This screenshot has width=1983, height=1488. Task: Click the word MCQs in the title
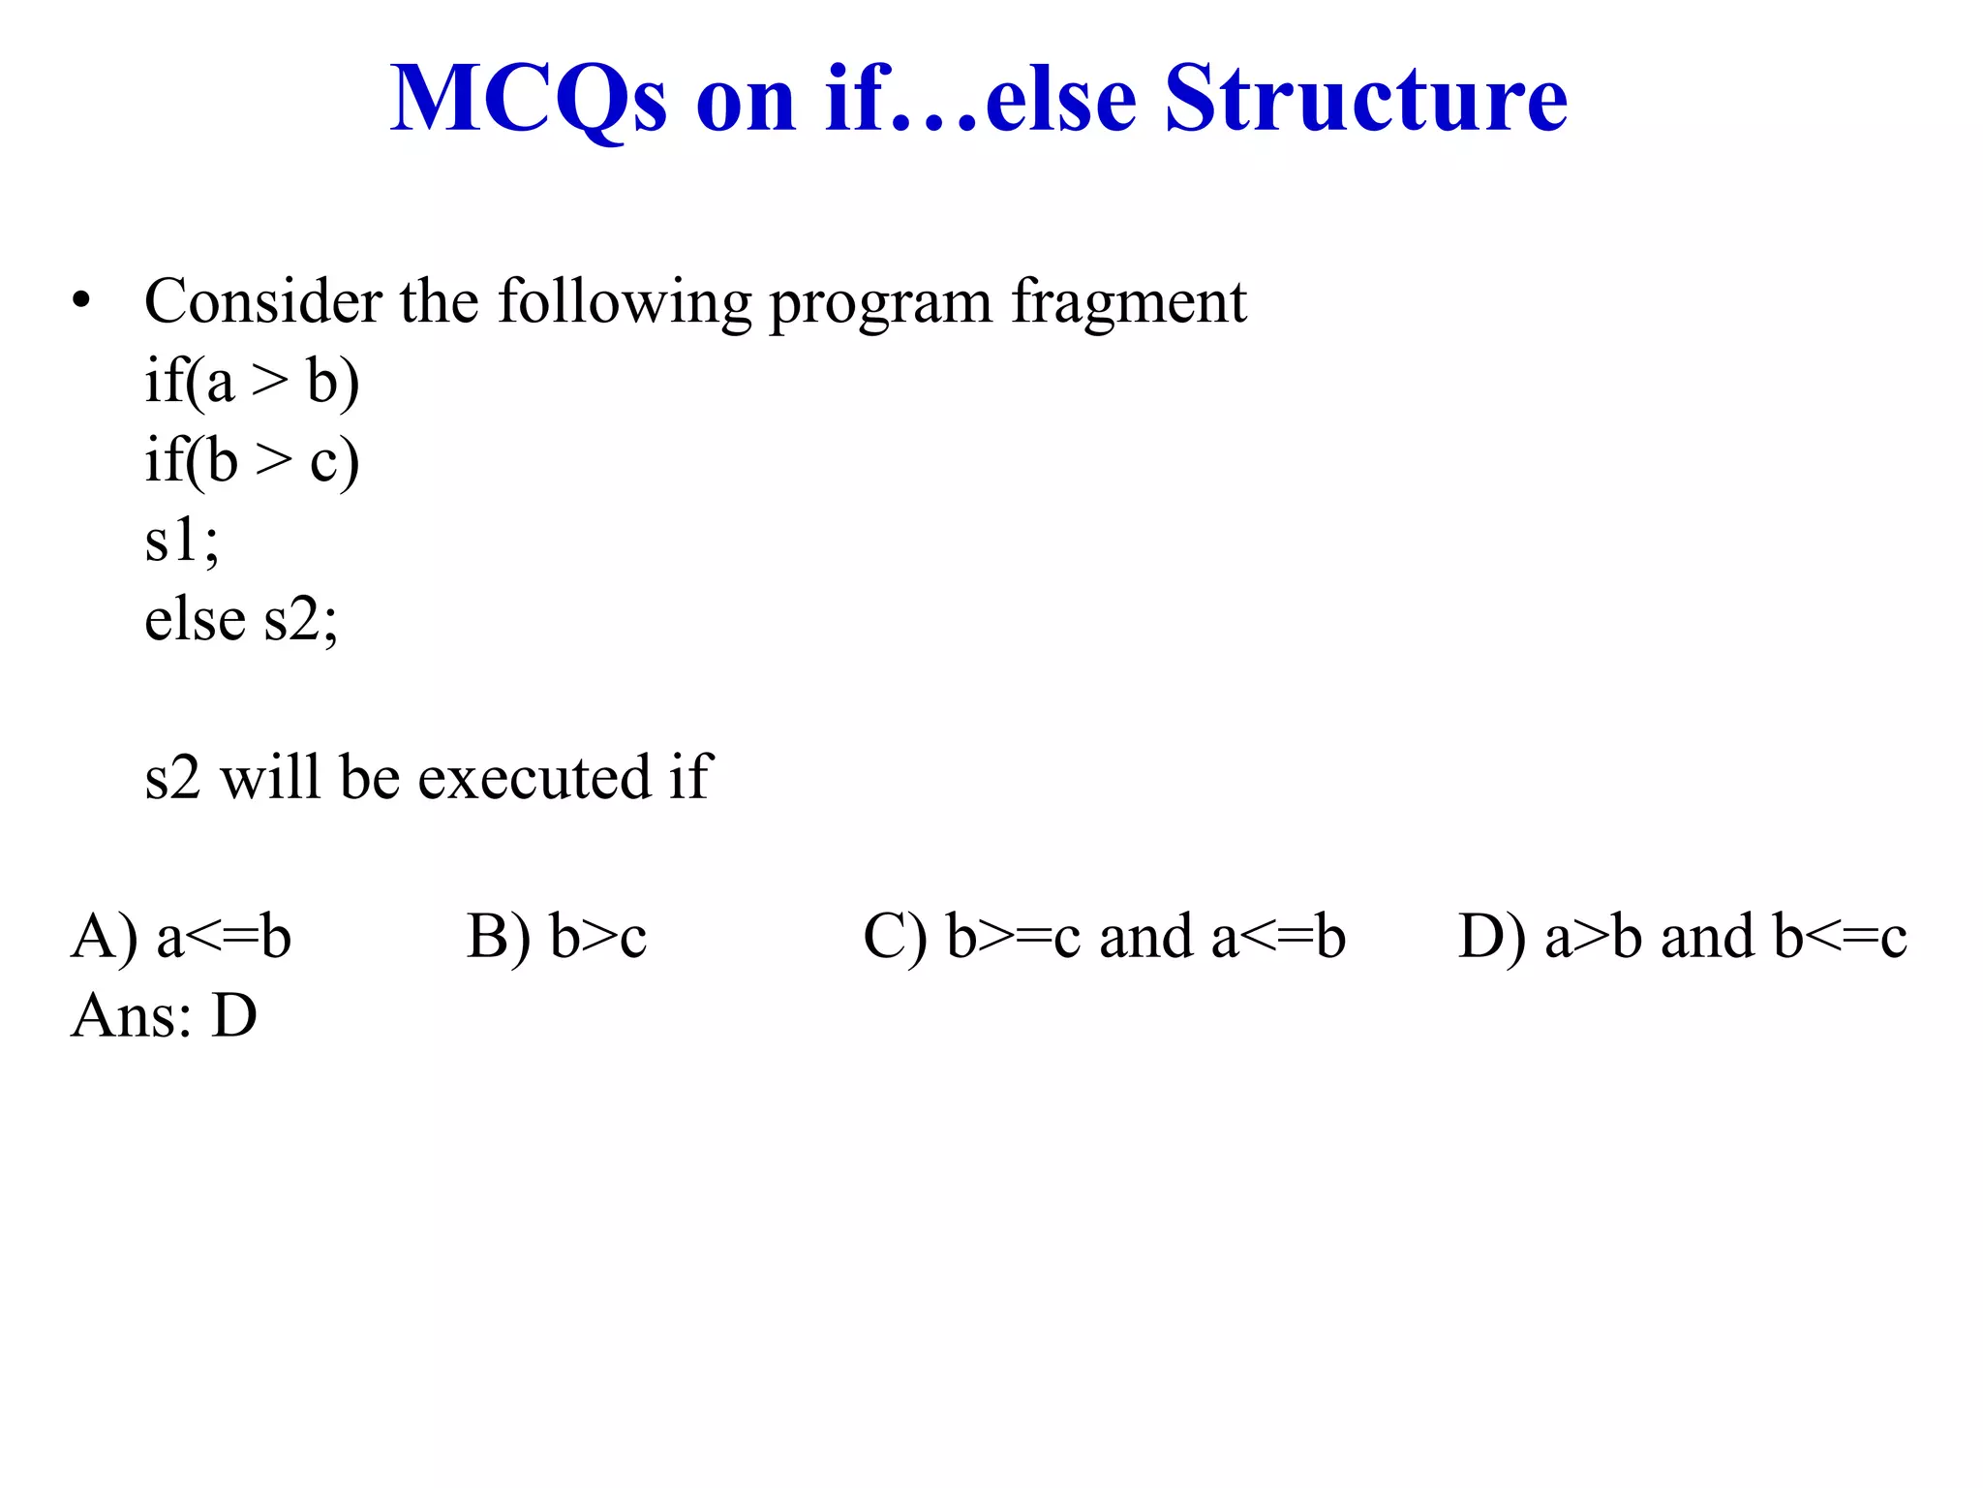(x=529, y=100)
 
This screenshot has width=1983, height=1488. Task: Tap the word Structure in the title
(x=1365, y=100)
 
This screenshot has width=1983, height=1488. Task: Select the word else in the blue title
(x=1060, y=100)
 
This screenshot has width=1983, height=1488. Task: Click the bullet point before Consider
(x=82, y=302)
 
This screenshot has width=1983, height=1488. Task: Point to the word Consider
(x=262, y=301)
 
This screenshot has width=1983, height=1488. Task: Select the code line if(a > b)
(x=252, y=381)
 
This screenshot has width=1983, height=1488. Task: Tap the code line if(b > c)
(x=252, y=460)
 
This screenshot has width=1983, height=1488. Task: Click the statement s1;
(x=181, y=540)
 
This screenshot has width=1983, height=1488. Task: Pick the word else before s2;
(x=195, y=619)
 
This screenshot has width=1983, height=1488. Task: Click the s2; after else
(x=301, y=619)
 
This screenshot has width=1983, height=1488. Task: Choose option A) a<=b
(x=181, y=937)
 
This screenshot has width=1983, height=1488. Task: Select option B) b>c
(x=557, y=937)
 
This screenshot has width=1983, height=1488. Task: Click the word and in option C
(x=1145, y=937)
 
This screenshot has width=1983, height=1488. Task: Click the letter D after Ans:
(x=234, y=1016)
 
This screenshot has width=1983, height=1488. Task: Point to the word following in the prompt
(x=625, y=303)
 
